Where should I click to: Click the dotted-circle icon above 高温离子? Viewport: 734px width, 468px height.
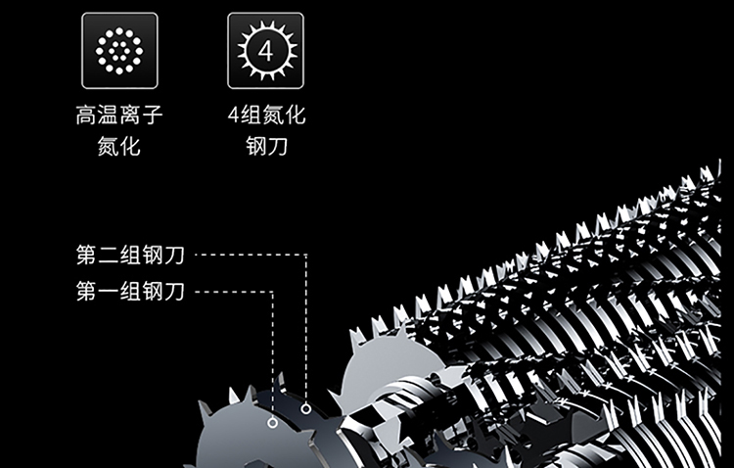click(x=119, y=51)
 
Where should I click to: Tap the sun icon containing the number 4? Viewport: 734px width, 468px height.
click(x=266, y=51)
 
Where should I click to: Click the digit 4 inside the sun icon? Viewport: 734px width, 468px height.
click(x=266, y=51)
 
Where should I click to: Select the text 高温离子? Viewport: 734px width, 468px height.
click(x=119, y=115)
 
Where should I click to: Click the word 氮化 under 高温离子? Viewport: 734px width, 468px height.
click(x=118, y=146)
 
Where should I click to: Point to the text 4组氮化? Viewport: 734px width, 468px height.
click(x=267, y=115)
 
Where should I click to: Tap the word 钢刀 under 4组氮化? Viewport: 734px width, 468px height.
click(x=267, y=146)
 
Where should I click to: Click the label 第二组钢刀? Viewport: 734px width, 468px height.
click(x=130, y=255)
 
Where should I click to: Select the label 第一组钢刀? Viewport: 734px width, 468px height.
click(x=130, y=291)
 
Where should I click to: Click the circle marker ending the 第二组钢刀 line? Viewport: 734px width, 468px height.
click(x=306, y=409)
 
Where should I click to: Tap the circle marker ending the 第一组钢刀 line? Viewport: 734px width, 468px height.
click(x=272, y=423)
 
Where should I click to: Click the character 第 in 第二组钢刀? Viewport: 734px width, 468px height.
click(x=87, y=255)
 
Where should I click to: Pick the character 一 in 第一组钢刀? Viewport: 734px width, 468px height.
click(x=109, y=291)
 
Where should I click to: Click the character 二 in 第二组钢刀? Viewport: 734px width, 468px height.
click(x=109, y=255)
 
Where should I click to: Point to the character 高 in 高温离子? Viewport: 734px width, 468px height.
click(x=86, y=115)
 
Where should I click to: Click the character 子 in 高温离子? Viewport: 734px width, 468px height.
click(x=153, y=115)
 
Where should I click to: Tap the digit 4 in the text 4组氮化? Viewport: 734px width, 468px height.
click(x=234, y=115)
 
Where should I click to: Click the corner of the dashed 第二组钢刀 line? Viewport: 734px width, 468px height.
click(x=306, y=255)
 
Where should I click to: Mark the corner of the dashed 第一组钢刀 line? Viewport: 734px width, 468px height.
click(x=272, y=292)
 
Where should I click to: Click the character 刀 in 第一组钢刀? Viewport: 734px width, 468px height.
click(x=174, y=291)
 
